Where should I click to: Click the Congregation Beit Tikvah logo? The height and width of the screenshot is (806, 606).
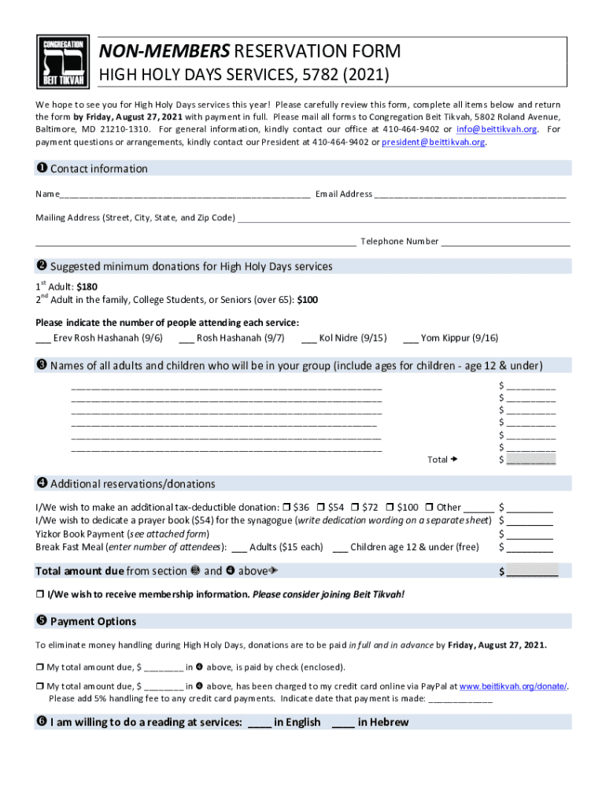62,62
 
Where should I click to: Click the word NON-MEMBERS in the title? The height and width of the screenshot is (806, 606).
164,52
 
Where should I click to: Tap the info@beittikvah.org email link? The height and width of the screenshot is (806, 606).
500,129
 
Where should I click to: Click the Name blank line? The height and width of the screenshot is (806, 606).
184,194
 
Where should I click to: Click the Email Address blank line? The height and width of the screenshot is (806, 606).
470,194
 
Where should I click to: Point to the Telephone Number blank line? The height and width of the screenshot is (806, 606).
505,242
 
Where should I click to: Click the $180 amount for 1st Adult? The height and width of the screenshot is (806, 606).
87,287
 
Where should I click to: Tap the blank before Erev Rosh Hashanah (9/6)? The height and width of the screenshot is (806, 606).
43,338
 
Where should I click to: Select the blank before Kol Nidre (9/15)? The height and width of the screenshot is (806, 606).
309,338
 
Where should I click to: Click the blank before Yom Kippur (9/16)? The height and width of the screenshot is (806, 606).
410,338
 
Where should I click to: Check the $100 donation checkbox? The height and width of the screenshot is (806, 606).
390,507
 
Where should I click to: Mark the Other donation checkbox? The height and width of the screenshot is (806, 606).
430,507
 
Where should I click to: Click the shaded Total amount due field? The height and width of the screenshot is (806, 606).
532,571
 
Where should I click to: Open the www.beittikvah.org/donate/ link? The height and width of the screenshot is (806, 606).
512,686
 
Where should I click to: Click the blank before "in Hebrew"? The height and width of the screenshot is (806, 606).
343,723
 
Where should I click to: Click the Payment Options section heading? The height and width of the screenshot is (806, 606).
93,622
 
